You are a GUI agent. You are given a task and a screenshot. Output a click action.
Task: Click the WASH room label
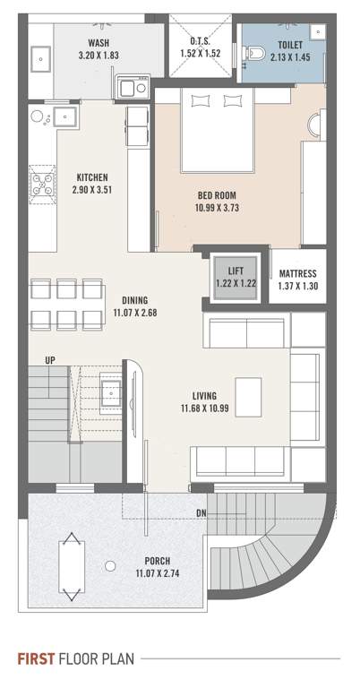click(x=99, y=42)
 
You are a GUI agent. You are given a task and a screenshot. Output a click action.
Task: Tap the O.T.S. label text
click(x=201, y=42)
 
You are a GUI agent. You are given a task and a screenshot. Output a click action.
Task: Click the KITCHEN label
click(x=92, y=176)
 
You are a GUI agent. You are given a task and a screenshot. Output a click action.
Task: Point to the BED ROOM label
click(x=219, y=194)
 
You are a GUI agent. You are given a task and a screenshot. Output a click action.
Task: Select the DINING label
click(x=135, y=300)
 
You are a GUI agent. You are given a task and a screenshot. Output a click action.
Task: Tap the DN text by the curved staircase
click(x=202, y=512)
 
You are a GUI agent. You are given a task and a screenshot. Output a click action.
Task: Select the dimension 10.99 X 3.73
click(x=219, y=208)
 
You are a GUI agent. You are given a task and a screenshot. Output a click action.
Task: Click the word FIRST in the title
click(x=36, y=659)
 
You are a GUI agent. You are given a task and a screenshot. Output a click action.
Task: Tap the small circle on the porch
click(x=109, y=565)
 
